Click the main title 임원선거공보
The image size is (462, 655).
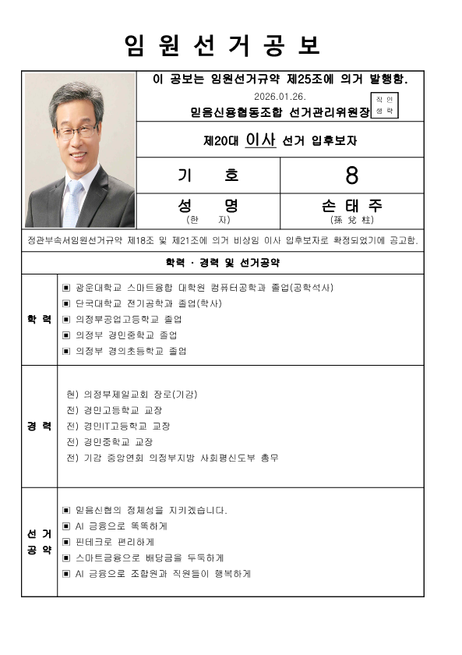(x=222, y=46)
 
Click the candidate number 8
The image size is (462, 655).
(x=352, y=175)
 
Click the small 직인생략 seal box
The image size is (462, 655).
(x=384, y=105)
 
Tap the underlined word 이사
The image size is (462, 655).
(x=259, y=140)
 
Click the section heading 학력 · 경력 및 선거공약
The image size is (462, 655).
(x=223, y=262)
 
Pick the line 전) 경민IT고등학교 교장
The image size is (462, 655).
(x=118, y=426)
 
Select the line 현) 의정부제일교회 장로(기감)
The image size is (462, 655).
(x=132, y=395)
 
